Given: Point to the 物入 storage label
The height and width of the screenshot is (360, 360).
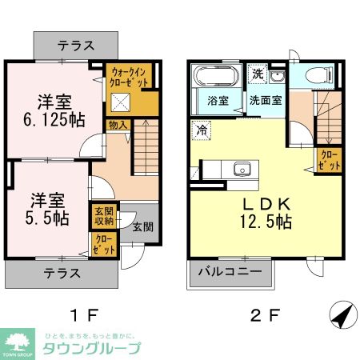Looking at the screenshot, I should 117,126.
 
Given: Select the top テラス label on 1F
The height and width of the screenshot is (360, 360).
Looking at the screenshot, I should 77,45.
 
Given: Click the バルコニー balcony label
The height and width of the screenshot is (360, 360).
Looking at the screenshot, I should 227,273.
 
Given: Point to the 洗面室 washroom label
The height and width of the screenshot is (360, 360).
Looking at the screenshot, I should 264,102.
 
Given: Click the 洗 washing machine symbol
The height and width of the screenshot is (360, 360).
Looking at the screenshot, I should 258,74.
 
